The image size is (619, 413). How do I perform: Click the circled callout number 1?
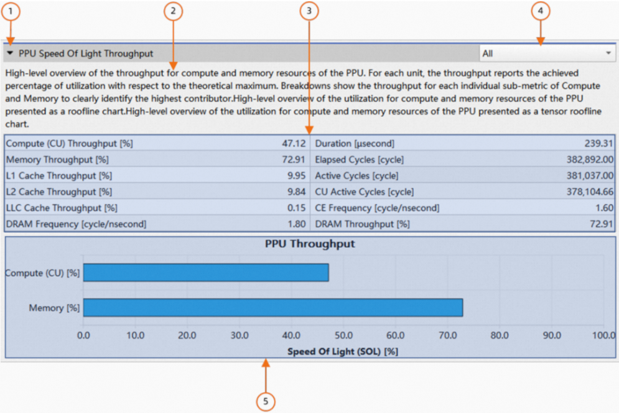pos(10,11)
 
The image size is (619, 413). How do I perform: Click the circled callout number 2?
pos(173,11)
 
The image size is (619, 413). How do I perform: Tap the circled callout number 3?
pos(309,11)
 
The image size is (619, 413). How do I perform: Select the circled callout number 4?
pos(540,11)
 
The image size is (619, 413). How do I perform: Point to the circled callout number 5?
pos(266,402)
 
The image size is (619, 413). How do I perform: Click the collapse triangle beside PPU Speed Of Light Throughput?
pos(11,53)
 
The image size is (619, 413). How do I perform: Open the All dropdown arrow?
pos(608,53)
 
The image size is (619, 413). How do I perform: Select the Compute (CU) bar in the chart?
pos(206,272)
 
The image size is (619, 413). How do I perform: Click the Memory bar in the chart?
pos(273,307)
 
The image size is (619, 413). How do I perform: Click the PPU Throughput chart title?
pos(310,244)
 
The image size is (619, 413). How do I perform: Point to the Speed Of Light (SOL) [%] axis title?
pos(342,351)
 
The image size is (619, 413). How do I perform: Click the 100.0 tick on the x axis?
pos(602,336)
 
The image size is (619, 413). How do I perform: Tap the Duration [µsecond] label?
pos(355,143)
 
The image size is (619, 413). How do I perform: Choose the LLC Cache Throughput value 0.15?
pos(296,208)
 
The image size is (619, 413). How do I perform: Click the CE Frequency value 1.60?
pos(603,208)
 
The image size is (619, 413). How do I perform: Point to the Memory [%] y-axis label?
pos(55,308)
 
